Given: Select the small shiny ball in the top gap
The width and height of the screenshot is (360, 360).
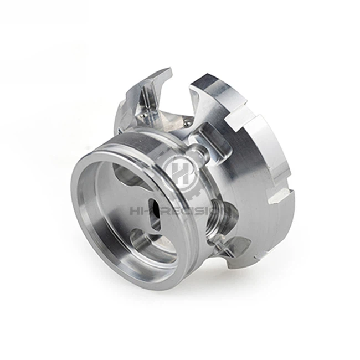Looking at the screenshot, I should click(189, 119).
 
